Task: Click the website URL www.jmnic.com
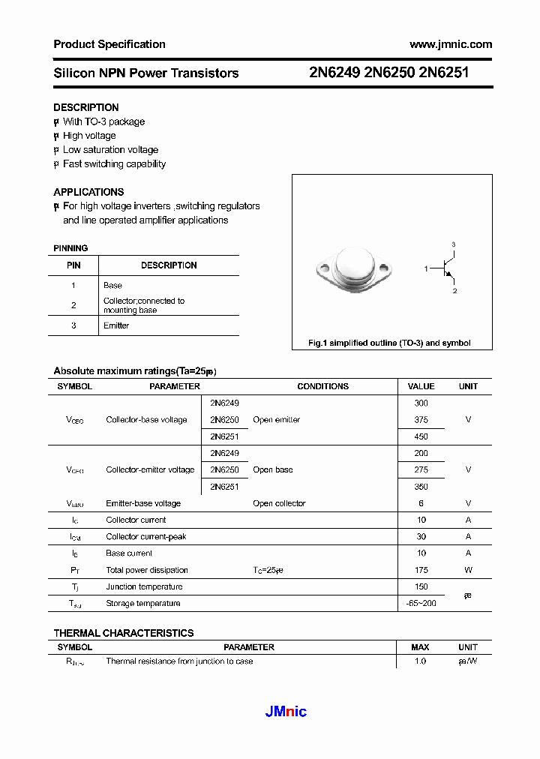pyautogui.click(x=451, y=44)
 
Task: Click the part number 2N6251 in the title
pyautogui.click(x=444, y=73)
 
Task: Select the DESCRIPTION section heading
pyautogui.click(x=86, y=107)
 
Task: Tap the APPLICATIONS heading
pyautogui.click(x=88, y=192)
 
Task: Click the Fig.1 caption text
pyautogui.click(x=389, y=343)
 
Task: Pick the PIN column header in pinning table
pyautogui.click(x=73, y=265)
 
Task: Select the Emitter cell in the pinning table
pyautogui.click(x=116, y=325)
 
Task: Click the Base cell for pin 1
pyautogui.click(x=112, y=285)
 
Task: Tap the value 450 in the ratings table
pyautogui.click(x=421, y=436)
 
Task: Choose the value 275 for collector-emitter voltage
pyautogui.click(x=421, y=470)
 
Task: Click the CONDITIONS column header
pyautogui.click(x=322, y=386)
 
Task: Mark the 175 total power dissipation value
pyautogui.click(x=421, y=570)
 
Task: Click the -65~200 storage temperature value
pyautogui.click(x=421, y=603)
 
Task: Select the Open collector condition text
pyautogui.click(x=279, y=503)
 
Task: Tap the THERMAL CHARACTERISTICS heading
pyautogui.click(x=124, y=633)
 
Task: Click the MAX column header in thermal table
pyautogui.click(x=420, y=647)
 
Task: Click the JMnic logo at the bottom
pyautogui.click(x=286, y=712)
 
